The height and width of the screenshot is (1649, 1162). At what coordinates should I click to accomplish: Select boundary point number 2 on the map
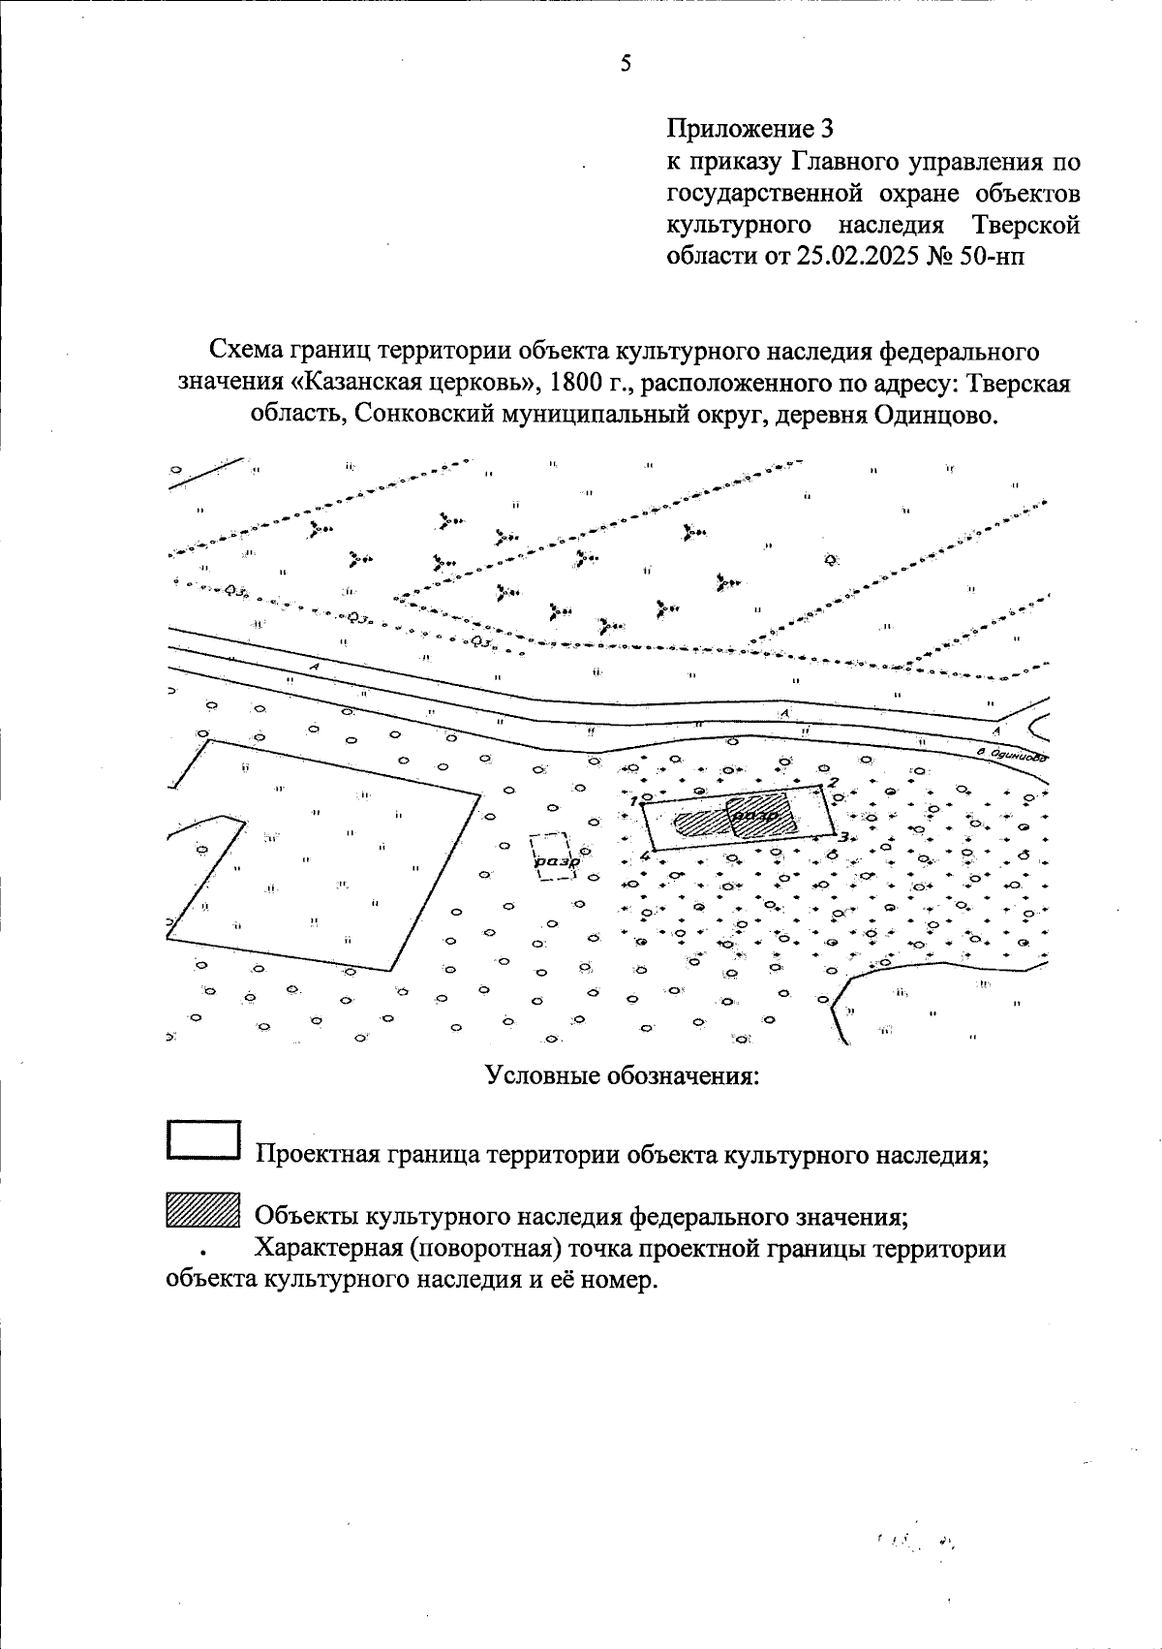point(823,784)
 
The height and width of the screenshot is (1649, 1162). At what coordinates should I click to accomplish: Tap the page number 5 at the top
point(626,65)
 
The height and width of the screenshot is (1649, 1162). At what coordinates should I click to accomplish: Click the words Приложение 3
point(750,128)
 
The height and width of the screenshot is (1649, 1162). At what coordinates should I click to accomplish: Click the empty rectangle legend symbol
point(202,1139)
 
